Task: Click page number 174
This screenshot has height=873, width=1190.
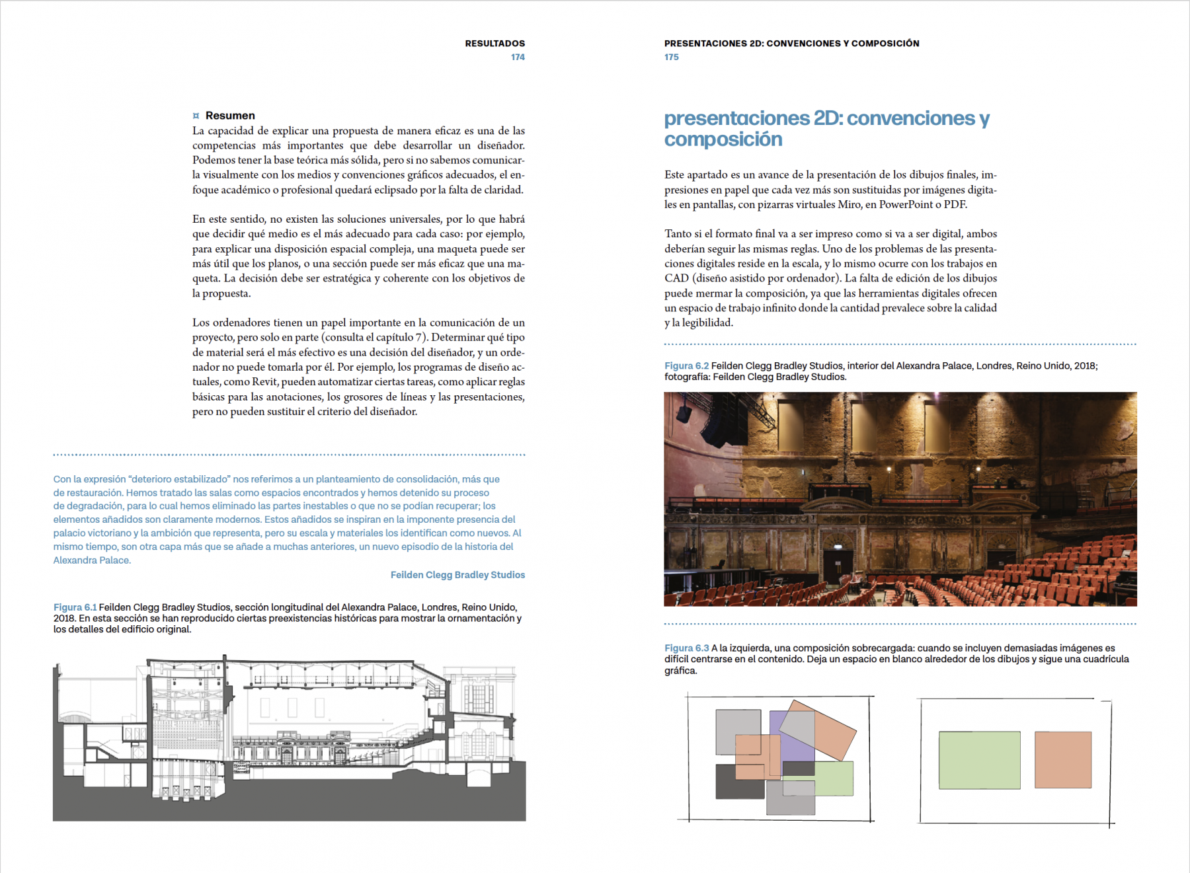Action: point(518,57)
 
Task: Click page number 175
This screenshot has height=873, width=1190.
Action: point(672,57)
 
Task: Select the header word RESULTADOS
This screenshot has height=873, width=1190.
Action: point(495,44)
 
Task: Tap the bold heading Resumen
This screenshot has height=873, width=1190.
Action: point(230,116)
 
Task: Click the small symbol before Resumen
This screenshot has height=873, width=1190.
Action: point(196,116)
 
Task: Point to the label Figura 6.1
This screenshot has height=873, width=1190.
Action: point(75,607)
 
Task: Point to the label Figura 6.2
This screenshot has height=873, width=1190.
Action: point(686,366)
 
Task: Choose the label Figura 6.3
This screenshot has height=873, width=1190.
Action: point(686,648)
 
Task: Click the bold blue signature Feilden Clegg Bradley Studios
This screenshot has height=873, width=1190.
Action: point(457,575)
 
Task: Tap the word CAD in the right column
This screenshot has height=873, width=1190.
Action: point(677,278)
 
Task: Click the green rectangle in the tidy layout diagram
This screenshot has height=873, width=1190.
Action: point(979,760)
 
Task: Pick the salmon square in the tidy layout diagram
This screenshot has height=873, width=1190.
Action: point(1062,759)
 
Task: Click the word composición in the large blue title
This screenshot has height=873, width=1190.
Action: point(723,139)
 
